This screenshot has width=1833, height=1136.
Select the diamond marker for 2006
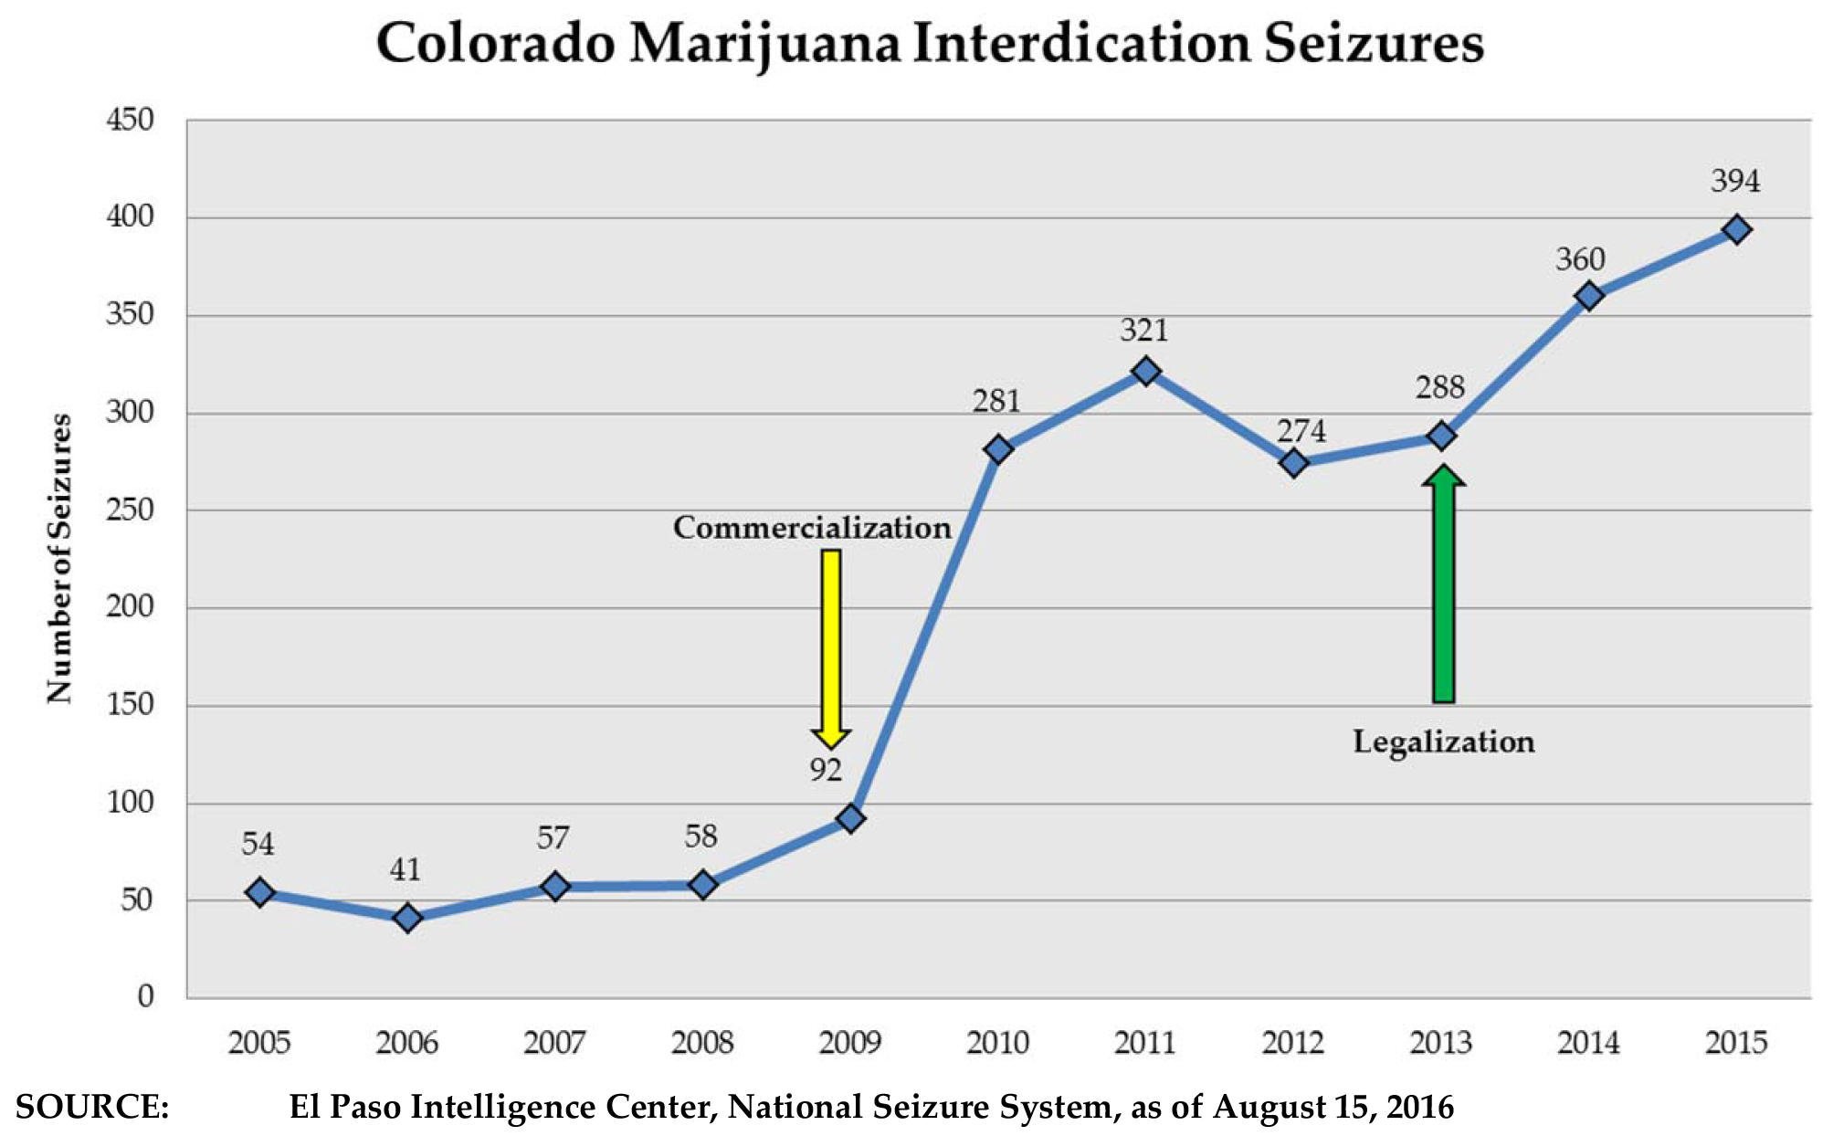pyautogui.click(x=407, y=918)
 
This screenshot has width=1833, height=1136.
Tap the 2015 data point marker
pyautogui.click(x=1736, y=230)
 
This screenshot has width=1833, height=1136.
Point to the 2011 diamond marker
pyautogui.click(x=1145, y=372)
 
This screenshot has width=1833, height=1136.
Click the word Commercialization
pyautogui.click(x=812, y=528)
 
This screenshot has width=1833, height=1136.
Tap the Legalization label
pyautogui.click(x=1443, y=742)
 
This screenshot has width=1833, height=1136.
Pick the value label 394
pyautogui.click(x=1734, y=181)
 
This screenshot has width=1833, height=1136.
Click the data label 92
pyautogui.click(x=825, y=771)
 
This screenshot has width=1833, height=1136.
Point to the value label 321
pyautogui.click(x=1143, y=330)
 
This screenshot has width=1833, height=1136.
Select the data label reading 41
pyautogui.click(x=405, y=869)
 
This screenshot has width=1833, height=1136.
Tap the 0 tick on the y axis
pyautogui.click(x=145, y=996)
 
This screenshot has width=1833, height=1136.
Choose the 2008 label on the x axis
pyautogui.click(x=701, y=1042)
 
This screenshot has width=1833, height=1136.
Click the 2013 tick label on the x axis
pyautogui.click(x=1440, y=1042)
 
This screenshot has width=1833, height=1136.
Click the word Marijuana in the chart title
pyautogui.click(x=765, y=44)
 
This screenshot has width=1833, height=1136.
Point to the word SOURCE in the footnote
pyautogui.click(x=92, y=1107)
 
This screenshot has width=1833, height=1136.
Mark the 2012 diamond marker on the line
pyautogui.click(x=1292, y=464)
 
